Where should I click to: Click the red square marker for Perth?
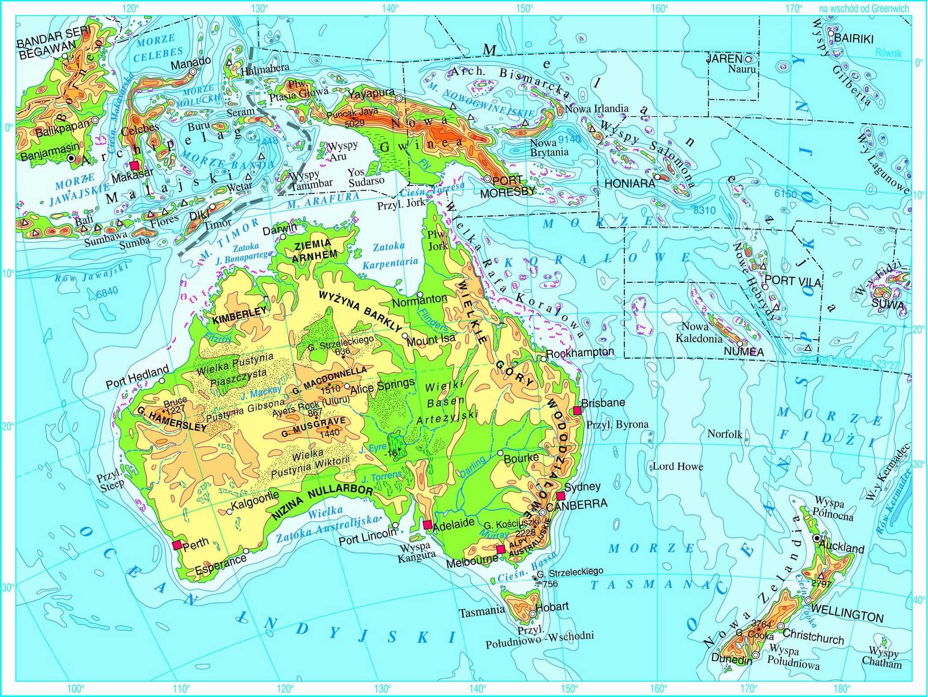pyautogui.click(x=177, y=545)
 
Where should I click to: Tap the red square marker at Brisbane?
pyautogui.click(x=577, y=410)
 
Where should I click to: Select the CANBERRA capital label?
pyautogui.click(x=577, y=504)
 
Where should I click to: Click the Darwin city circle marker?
pyautogui.click(x=283, y=237)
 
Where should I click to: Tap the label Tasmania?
pyautogui.click(x=481, y=612)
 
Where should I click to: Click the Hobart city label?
pyautogui.click(x=552, y=606)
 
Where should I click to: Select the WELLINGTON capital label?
pyautogui.click(x=847, y=614)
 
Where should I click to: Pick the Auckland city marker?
pyautogui.click(x=817, y=538)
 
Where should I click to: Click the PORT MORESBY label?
pyautogui.click(x=508, y=187)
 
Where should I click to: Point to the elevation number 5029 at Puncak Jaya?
pyautogui.click(x=354, y=123)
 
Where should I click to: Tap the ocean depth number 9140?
pyautogui.click(x=569, y=140)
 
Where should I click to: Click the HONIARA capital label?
pyautogui.click(x=630, y=184)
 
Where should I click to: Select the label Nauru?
pyautogui.click(x=742, y=69)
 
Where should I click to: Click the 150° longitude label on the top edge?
pyautogui.click(x=524, y=8)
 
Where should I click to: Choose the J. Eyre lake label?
pyautogui.click(x=373, y=448)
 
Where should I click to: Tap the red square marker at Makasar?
pyautogui.click(x=135, y=165)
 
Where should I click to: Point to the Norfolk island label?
pyautogui.click(x=725, y=434)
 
